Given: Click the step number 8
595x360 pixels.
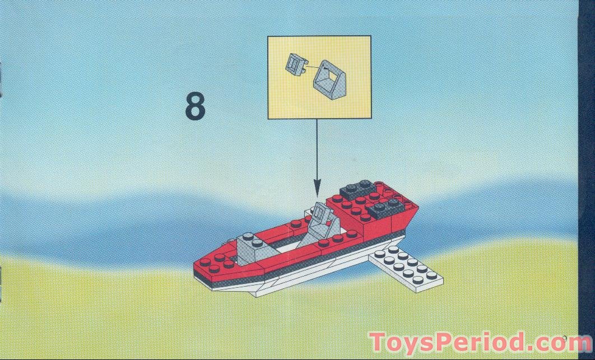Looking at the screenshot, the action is pyautogui.click(x=196, y=106).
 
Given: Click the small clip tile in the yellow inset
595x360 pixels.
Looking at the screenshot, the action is pyautogui.click(x=296, y=64).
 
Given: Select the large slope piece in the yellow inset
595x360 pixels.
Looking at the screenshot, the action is pyautogui.click(x=329, y=80).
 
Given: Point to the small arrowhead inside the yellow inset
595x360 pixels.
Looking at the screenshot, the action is pyautogui.click(x=324, y=68).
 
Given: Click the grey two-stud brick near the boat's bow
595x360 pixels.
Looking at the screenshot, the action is pyautogui.click(x=252, y=247).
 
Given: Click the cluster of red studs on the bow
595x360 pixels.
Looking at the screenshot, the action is pyautogui.click(x=216, y=263).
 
